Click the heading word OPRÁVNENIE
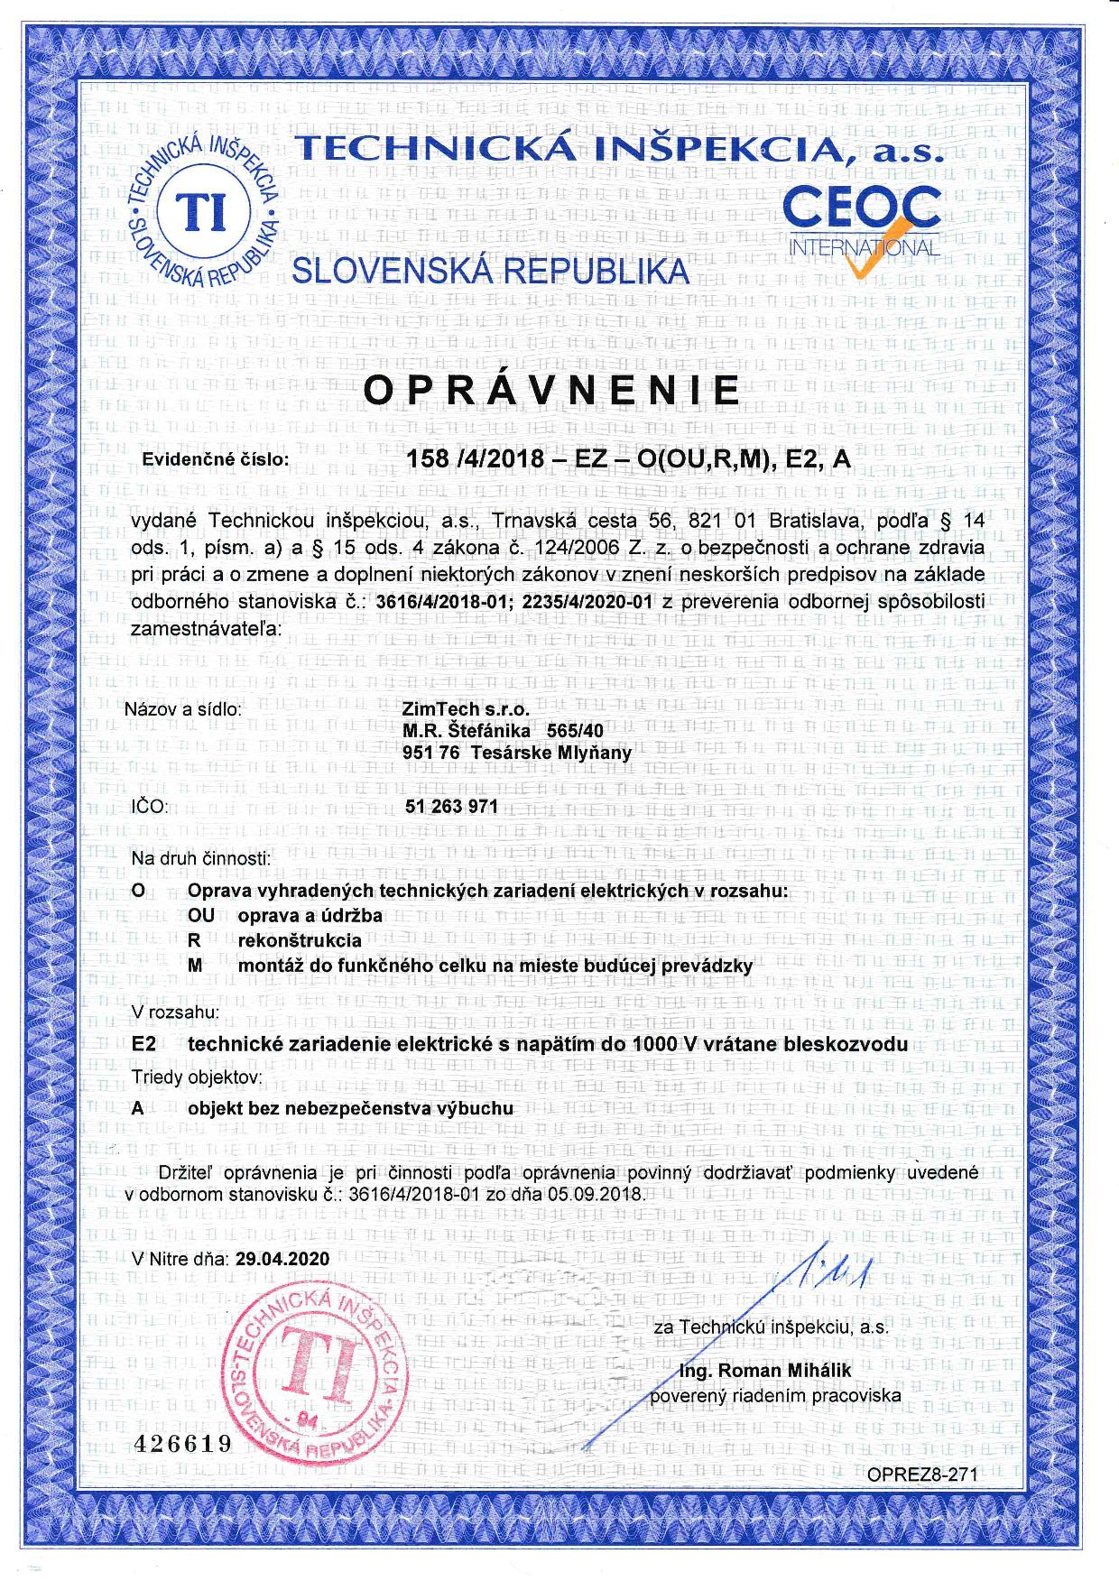click(x=551, y=390)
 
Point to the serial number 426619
click(x=182, y=1443)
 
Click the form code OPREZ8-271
click(x=922, y=1474)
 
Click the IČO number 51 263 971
click(x=453, y=806)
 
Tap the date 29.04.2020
click(x=282, y=1258)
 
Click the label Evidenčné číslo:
click(x=217, y=459)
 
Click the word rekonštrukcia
click(x=300, y=939)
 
